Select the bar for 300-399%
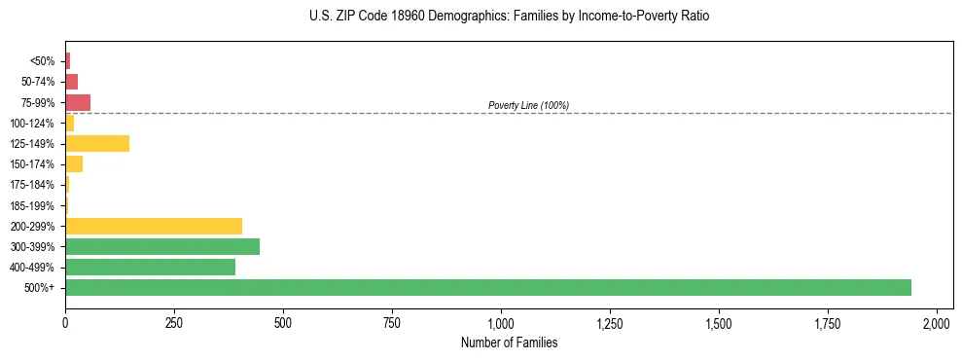pyautogui.click(x=162, y=246)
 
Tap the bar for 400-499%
pyautogui.click(x=151, y=267)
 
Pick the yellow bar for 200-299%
pyautogui.click(x=154, y=226)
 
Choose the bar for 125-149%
pyautogui.click(x=97, y=144)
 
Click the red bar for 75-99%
pyautogui.click(x=78, y=102)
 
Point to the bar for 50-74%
pyautogui.click(x=71, y=82)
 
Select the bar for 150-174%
pyautogui.click(x=74, y=164)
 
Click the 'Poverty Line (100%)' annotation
pyautogui.click(x=528, y=105)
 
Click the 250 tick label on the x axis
pyautogui.click(x=174, y=322)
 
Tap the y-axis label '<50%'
pyautogui.click(x=43, y=61)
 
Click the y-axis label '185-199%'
pyautogui.click(x=33, y=205)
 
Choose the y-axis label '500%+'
pyautogui.click(x=40, y=288)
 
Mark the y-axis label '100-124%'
pyautogui.click(x=33, y=124)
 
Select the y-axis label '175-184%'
pyautogui.click(x=33, y=185)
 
